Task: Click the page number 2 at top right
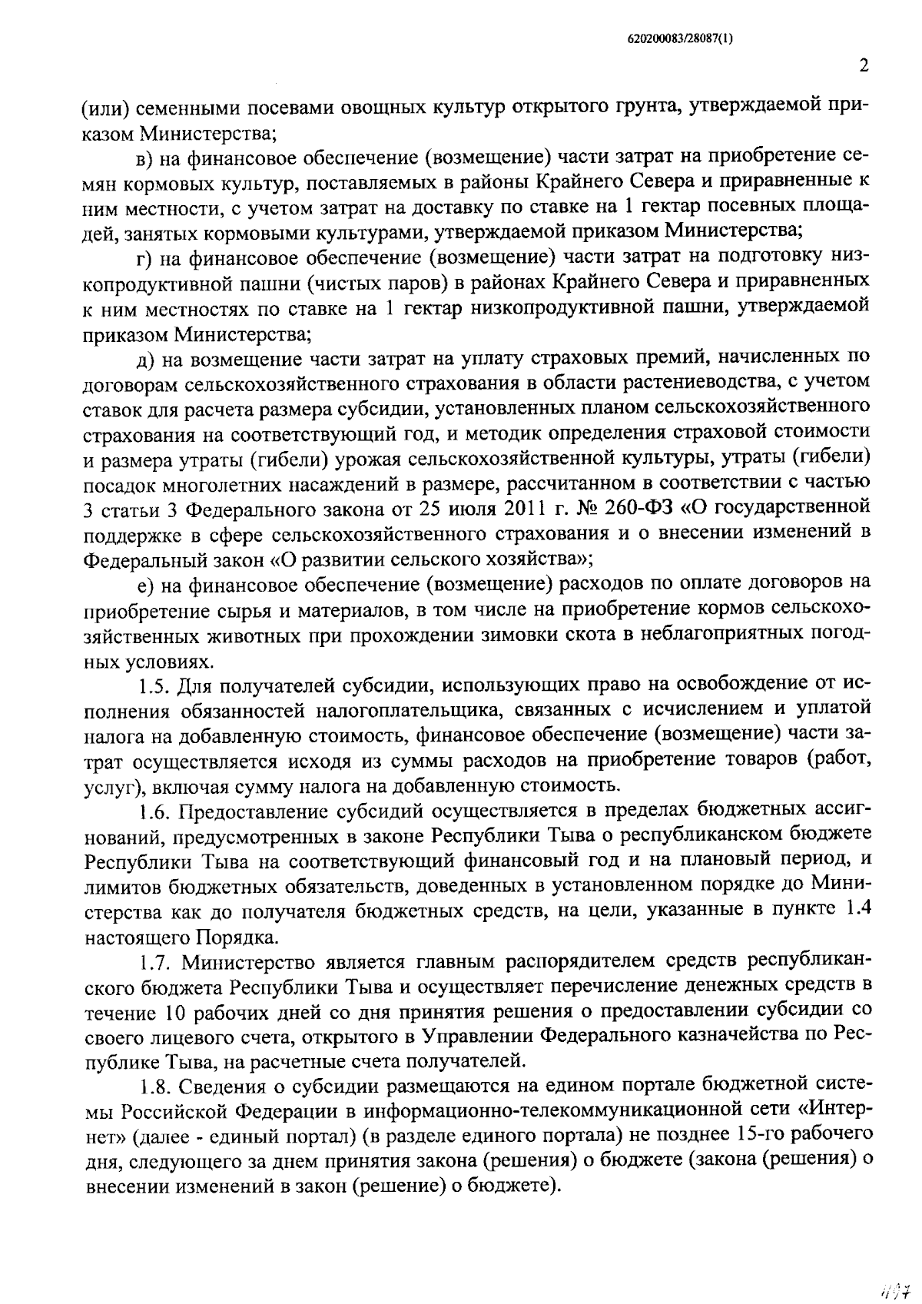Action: tap(863, 66)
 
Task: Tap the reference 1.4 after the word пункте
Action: tap(856, 911)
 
